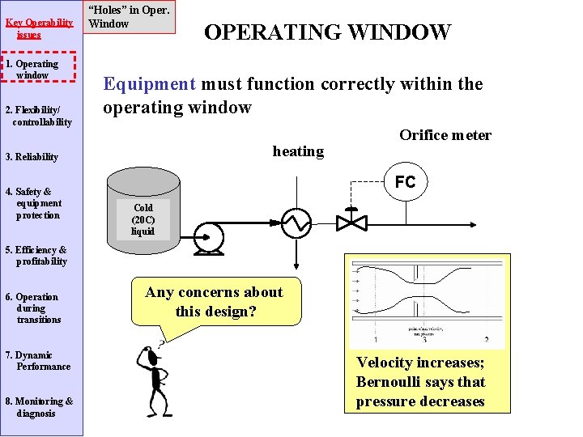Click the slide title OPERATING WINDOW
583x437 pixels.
[x=327, y=32]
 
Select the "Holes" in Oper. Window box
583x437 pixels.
[x=130, y=17]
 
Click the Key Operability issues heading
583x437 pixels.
[x=39, y=28]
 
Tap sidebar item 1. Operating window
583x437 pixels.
[x=40, y=70]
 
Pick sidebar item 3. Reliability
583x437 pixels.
[x=32, y=157]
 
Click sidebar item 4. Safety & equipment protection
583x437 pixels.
[x=36, y=203]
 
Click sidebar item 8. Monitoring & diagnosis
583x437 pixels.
[x=40, y=407]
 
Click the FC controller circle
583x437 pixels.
[x=405, y=182]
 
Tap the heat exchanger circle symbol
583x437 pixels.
[x=296, y=220]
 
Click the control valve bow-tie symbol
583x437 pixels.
[x=351, y=220]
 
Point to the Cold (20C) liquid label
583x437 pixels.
[x=143, y=219]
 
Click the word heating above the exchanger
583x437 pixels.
[x=298, y=151]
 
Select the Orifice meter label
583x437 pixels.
[x=445, y=135]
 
